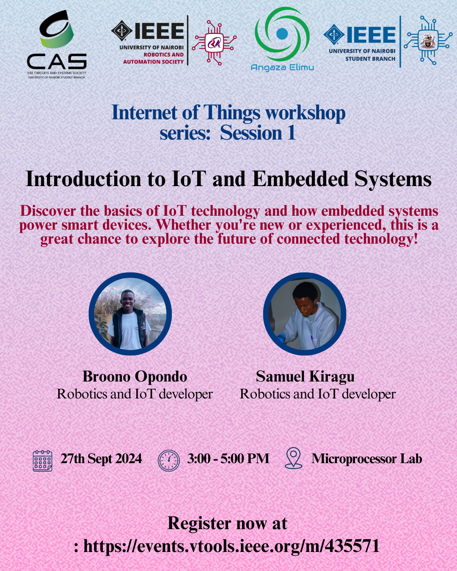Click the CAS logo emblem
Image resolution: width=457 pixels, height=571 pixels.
pos(57,29)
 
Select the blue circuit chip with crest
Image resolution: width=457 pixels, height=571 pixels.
pos(428,40)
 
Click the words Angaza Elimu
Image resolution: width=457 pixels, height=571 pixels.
pos(282,67)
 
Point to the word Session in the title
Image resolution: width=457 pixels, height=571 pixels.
pos(251,133)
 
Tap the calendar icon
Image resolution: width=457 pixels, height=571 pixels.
pos(42,461)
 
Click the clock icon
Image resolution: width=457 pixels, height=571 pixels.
pos(168,461)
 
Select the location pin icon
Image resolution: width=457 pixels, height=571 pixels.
pos(293,458)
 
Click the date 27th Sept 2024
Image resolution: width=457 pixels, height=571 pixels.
pos(101,459)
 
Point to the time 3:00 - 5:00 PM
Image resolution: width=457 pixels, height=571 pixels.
pos(228,458)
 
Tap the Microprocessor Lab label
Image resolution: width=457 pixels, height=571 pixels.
pos(367,459)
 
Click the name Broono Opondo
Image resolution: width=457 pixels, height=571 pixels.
pos(135,377)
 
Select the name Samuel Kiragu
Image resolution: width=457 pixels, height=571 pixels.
pos(305,377)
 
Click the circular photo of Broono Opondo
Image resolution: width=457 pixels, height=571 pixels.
pos(130,314)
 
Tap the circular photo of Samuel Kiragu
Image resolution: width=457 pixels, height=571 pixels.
pos(305,314)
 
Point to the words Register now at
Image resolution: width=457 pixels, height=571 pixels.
pos(227,524)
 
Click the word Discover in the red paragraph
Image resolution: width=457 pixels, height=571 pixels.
pos(48,211)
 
